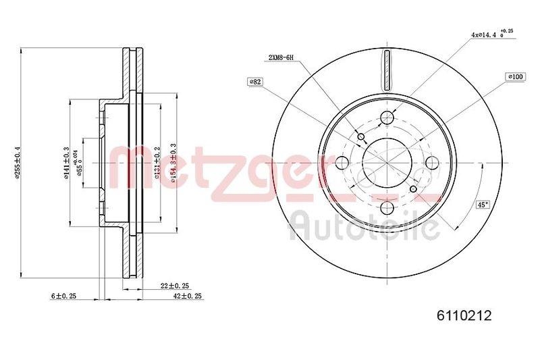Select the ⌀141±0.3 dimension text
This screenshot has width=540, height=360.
[x=67, y=163]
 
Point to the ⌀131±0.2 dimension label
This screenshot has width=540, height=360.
[x=157, y=163]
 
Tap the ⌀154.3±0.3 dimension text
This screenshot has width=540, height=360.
[x=174, y=163]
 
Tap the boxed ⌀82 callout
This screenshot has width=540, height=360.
[x=255, y=82]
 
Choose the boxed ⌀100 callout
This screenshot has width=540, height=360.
[x=516, y=77]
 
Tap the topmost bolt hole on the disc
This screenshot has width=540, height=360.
[x=387, y=118]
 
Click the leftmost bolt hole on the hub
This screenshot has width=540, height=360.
[x=342, y=163]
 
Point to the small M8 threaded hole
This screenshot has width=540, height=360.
[x=360, y=138]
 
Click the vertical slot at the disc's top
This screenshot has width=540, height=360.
[x=387, y=70]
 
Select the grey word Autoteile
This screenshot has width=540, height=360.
[x=364, y=228]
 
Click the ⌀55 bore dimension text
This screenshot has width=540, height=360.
[x=80, y=163]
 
